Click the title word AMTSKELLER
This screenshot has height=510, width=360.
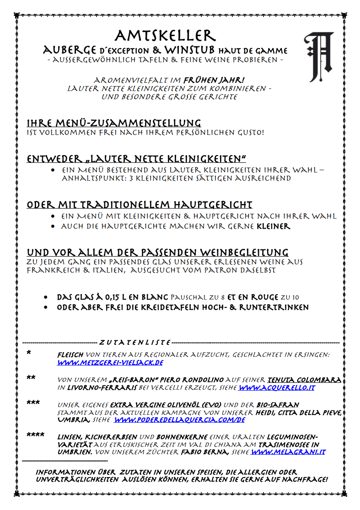tap(165, 36)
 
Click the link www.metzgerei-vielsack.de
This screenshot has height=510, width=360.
tap(110, 363)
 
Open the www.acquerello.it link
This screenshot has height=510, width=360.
tap(277, 388)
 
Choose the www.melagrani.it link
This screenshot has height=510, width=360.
tap(288, 452)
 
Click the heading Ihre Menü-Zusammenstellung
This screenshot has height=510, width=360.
tap(114, 123)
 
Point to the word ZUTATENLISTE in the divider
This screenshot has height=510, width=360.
tap(135, 343)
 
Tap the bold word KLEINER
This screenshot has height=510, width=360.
tap(274, 226)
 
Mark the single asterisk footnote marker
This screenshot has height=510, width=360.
tap(29, 353)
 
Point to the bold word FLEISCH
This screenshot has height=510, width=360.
tap(70, 355)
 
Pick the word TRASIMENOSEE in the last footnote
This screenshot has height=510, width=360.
tap(269, 445)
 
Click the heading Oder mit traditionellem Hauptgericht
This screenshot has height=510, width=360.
tap(140, 204)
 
